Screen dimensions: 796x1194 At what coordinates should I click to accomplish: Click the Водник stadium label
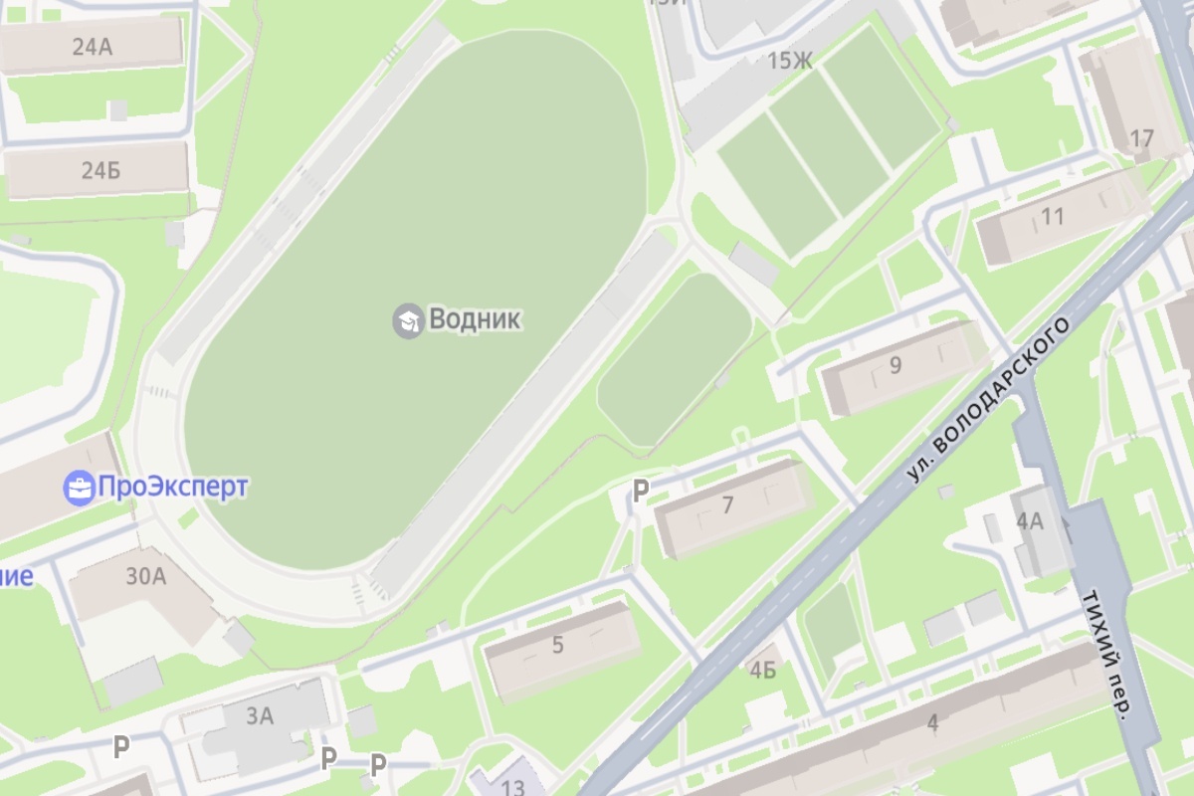tap(475, 319)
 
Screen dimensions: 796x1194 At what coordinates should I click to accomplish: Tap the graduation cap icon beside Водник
tap(406, 320)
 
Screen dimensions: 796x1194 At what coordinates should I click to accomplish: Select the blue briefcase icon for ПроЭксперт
tap(78, 488)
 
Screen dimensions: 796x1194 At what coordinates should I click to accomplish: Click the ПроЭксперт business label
tap(171, 488)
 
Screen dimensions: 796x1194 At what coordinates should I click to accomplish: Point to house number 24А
tap(92, 45)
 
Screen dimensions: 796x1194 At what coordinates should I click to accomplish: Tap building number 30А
tap(145, 576)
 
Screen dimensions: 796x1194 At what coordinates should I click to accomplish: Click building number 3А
tap(260, 714)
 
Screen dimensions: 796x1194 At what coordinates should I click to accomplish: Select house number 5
tap(557, 645)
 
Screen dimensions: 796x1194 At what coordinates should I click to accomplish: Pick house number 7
tap(727, 505)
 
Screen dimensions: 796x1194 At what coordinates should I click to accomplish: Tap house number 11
tap(1052, 216)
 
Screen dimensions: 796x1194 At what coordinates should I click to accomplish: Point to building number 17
tap(1142, 138)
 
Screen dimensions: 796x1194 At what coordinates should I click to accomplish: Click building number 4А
tap(1029, 521)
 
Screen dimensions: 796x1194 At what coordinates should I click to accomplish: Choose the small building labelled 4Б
tap(762, 671)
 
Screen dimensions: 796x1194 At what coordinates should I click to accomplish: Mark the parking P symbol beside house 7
tap(642, 490)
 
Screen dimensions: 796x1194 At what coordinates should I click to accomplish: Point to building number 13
tap(513, 787)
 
